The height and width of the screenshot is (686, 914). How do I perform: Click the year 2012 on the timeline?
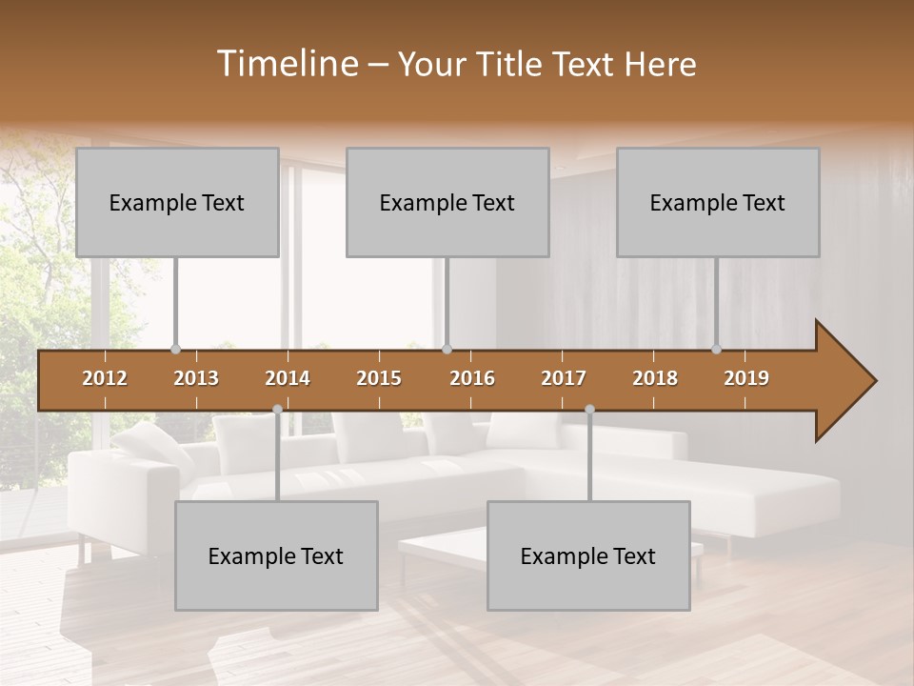coord(105,378)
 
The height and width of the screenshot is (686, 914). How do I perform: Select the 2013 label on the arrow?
coord(196,378)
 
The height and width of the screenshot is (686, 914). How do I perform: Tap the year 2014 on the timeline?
coord(288,378)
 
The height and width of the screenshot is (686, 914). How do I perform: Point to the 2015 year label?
coord(379,378)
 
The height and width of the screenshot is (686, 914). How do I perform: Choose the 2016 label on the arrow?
coord(472,378)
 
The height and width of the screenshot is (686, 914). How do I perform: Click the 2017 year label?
coord(564,378)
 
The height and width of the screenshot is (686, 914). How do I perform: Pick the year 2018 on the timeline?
coord(655,378)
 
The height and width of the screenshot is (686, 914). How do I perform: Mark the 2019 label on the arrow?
coord(746,378)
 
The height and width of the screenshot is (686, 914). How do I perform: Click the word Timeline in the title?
coord(286,64)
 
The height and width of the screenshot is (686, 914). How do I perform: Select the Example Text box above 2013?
coord(177,202)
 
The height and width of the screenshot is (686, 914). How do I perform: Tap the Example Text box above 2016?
coord(447,202)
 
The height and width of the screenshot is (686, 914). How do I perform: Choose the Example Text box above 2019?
coord(718,202)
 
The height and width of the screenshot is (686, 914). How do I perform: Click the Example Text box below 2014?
coord(276,555)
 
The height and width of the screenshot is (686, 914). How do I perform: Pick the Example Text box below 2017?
coord(588,555)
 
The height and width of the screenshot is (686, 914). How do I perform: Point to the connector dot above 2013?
coord(175,350)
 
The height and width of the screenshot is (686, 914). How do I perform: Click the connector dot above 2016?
coord(447,350)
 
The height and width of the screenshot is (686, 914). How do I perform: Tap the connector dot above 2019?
coord(717,350)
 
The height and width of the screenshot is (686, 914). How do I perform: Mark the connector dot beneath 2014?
coord(277,409)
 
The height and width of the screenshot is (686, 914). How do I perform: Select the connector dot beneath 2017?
coord(589,409)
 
